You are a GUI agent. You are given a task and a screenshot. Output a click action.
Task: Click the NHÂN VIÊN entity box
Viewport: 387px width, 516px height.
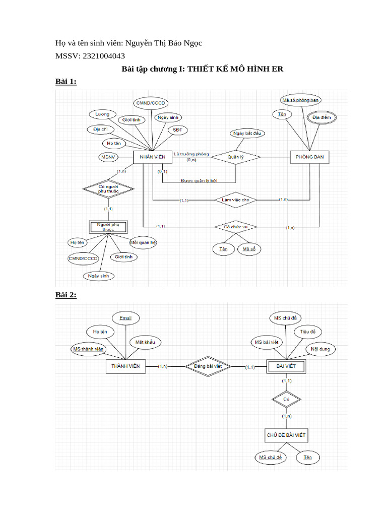point(152,157)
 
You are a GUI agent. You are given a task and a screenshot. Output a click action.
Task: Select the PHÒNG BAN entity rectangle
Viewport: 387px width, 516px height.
point(310,157)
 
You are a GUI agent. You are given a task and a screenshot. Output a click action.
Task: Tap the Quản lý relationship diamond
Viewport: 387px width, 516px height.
point(235,157)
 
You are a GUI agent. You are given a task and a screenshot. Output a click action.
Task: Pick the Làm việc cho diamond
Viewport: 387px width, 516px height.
point(235,200)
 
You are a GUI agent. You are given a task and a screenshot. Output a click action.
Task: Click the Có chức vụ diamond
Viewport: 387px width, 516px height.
point(235,227)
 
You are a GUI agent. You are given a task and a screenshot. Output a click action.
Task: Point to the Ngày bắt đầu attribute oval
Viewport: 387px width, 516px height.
point(248,134)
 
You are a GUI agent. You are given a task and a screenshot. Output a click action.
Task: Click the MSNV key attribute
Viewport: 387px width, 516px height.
point(108,157)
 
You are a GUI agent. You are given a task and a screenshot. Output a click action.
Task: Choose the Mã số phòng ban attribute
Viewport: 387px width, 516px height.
point(301,100)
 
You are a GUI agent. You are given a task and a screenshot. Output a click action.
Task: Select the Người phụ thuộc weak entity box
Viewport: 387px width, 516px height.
point(108,226)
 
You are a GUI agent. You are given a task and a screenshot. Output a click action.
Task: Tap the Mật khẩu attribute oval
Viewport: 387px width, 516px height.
point(145,342)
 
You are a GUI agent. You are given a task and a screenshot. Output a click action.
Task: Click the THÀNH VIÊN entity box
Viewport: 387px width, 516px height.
point(126,366)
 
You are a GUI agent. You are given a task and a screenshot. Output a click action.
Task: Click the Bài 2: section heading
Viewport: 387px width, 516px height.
point(66,295)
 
